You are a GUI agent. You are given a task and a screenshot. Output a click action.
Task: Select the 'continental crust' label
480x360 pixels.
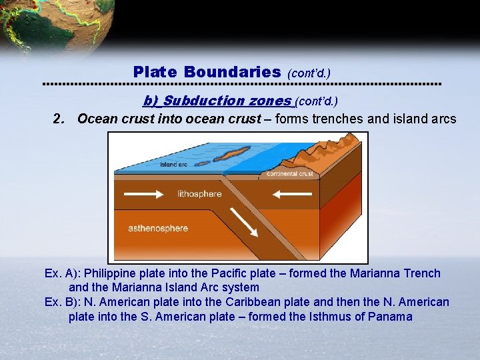click(289, 174)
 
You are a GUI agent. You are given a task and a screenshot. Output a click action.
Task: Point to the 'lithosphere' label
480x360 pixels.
click(199, 194)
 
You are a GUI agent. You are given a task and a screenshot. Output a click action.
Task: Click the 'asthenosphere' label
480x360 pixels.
click(157, 228)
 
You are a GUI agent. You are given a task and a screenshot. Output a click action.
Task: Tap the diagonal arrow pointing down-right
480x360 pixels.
click(244, 222)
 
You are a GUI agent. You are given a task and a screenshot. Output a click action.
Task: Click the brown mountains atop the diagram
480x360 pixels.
click(333, 147)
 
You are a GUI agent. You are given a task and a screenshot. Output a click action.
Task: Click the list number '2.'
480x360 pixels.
click(59, 119)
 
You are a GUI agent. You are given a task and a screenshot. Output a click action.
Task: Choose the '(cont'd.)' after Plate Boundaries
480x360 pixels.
click(309, 73)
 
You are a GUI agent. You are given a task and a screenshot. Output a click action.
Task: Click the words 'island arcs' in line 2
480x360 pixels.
click(427, 119)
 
